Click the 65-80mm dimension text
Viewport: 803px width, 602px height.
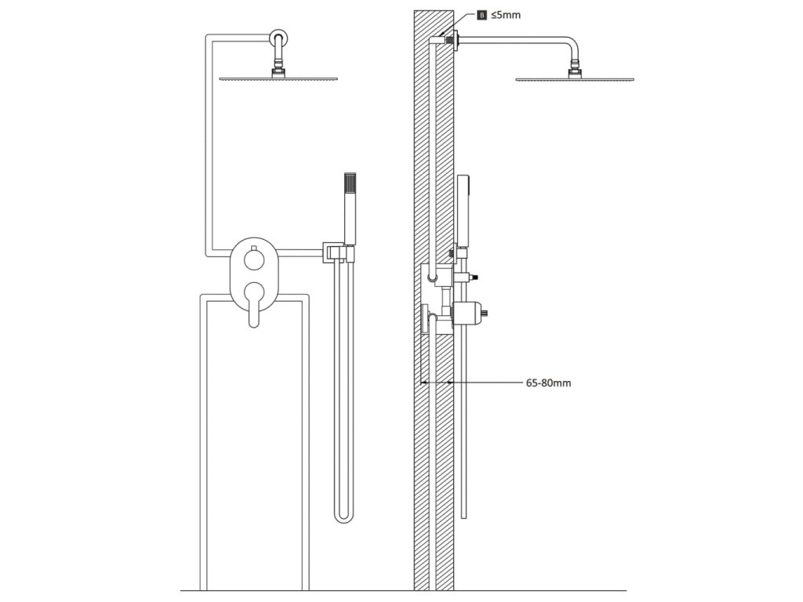coord(548,383)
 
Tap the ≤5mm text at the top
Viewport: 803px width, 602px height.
coord(506,15)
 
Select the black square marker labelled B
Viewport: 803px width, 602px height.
coord(481,15)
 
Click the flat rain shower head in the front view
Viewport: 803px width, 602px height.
coord(278,78)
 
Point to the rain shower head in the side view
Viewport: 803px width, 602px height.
coord(576,78)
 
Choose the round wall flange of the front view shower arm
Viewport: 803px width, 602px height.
coord(278,37)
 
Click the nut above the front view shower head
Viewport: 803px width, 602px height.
coord(278,71)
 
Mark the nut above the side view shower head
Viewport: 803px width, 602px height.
coord(576,71)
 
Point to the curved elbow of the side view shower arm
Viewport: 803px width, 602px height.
coord(572,45)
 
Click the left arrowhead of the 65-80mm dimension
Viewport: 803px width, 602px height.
coord(424,383)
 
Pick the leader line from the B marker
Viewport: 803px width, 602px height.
coord(466,23)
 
